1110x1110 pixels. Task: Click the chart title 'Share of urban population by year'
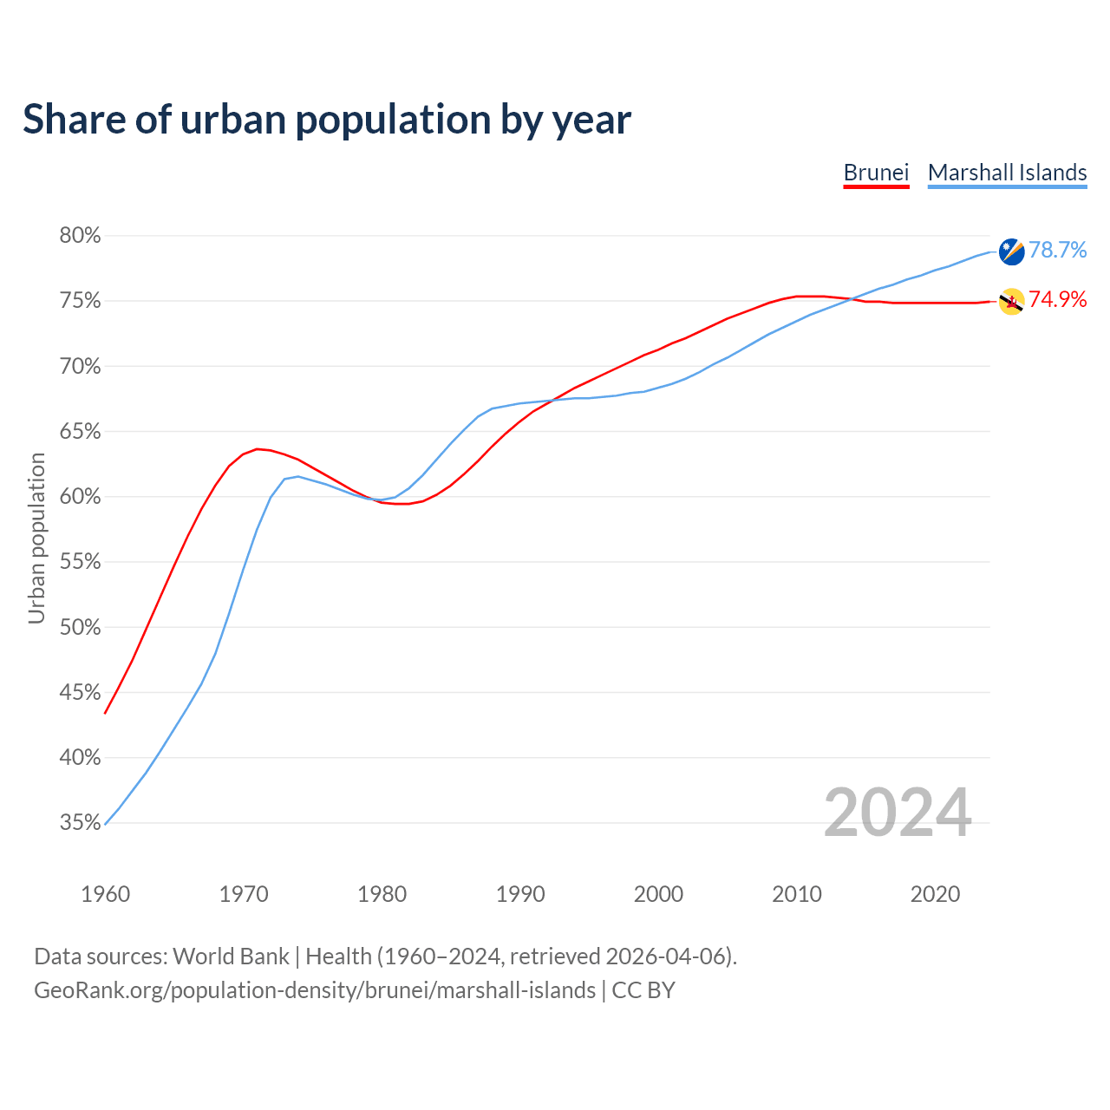[x=327, y=119]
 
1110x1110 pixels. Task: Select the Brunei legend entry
[x=876, y=173]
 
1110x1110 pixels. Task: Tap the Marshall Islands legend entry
[x=1007, y=173]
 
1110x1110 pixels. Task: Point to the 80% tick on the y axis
[x=80, y=236]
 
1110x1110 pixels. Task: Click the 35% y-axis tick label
[x=80, y=823]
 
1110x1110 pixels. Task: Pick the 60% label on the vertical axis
[x=80, y=497]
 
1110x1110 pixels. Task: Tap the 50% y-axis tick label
[x=80, y=627]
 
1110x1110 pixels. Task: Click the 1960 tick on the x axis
[x=105, y=894]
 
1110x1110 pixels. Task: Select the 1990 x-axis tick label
[x=520, y=894]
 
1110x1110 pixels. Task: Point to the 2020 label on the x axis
[x=935, y=894]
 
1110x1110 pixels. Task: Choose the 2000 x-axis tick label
[x=658, y=894]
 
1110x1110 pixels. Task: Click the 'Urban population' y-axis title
[x=36, y=539]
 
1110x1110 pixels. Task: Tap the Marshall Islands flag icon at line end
[x=1011, y=251]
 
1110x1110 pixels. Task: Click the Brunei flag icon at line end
[x=1011, y=302]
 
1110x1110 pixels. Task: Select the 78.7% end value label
[x=1057, y=251]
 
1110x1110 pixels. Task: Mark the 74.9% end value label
[x=1057, y=300]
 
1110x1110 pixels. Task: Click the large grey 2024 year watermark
[x=897, y=813]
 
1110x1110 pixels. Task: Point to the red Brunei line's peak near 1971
[x=258, y=449]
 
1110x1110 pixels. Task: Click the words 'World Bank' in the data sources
[x=231, y=957]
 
